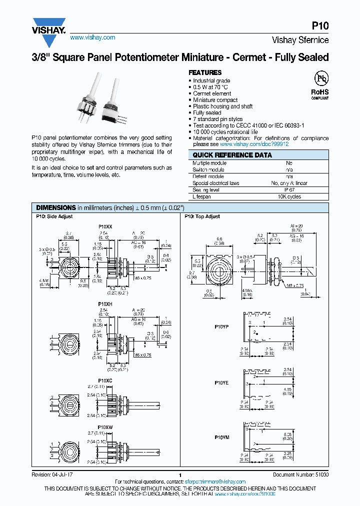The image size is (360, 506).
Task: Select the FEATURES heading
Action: click(205, 72)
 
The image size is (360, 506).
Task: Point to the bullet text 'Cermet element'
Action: click(212, 93)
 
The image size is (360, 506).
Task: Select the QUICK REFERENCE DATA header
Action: click(232, 155)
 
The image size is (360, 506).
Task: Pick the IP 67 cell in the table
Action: click(289, 190)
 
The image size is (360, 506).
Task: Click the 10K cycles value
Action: click(289, 197)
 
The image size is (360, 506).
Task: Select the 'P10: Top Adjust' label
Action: click(202, 216)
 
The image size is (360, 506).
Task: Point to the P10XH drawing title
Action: click(105, 303)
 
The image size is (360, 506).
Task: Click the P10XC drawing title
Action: click(105, 380)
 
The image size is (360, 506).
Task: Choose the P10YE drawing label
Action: click(221, 382)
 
